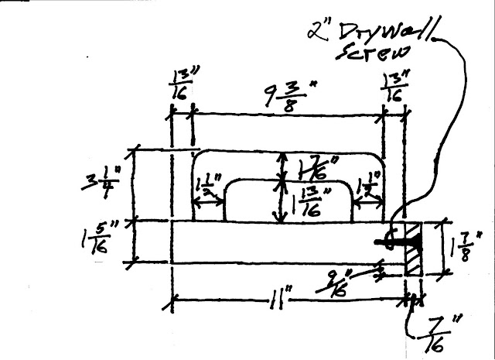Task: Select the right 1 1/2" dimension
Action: (370, 187)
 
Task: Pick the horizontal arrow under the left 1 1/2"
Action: (209, 204)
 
